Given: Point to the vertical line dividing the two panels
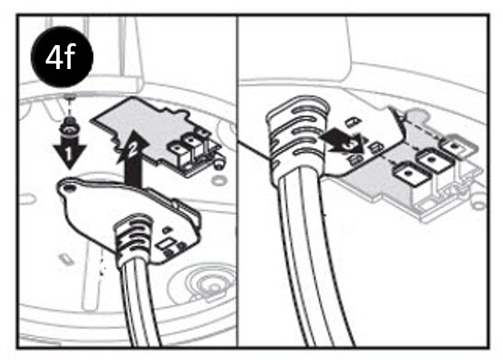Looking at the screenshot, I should click(x=240, y=184).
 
